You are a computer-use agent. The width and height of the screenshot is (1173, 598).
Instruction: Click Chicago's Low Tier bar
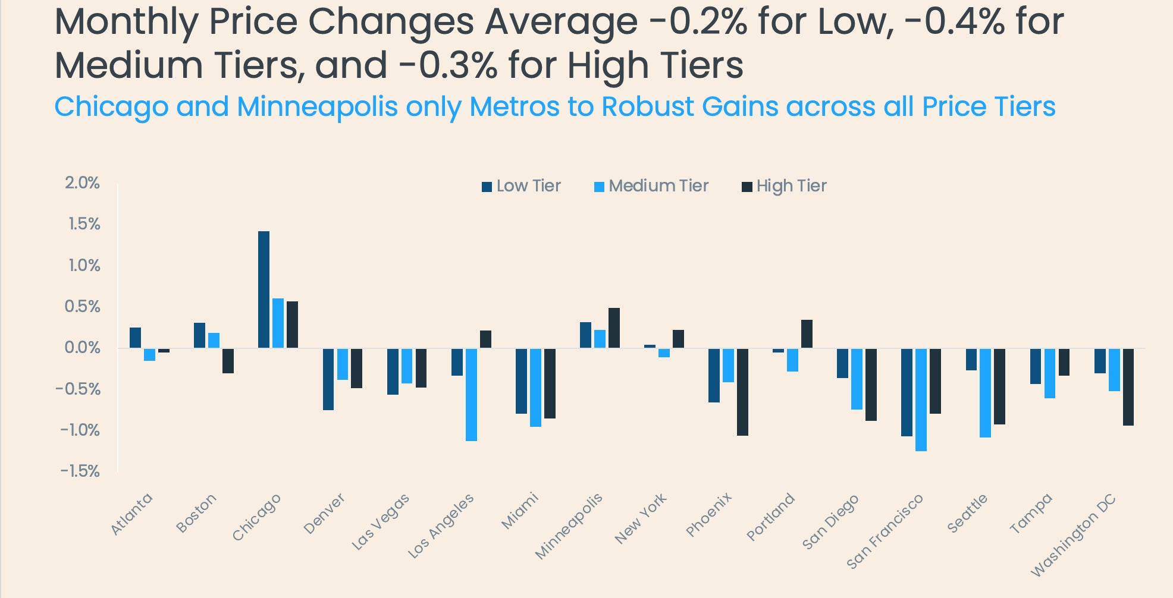[264, 289]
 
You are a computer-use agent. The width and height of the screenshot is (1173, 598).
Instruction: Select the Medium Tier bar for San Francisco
[921, 399]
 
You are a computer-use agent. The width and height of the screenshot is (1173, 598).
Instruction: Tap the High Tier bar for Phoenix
[742, 392]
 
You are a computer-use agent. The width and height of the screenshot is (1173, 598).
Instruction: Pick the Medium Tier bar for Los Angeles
[471, 394]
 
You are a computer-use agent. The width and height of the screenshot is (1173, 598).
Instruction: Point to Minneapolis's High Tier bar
[614, 328]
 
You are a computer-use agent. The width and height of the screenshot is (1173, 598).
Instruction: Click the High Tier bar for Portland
[807, 333]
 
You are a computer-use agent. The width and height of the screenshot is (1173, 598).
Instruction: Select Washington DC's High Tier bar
[1128, 386]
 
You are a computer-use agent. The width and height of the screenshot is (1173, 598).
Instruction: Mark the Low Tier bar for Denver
[328, 379]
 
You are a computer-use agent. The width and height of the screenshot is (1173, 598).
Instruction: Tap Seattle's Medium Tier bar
[985, 392]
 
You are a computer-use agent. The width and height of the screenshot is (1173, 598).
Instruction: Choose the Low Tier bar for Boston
[199, 335]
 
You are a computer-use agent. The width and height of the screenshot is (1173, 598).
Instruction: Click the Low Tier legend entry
[521, 186]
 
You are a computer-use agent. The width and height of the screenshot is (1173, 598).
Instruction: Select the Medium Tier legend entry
[651, 186]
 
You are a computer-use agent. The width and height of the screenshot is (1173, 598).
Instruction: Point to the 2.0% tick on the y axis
[82, 183]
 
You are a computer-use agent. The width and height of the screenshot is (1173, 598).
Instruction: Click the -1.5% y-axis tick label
[80, 471]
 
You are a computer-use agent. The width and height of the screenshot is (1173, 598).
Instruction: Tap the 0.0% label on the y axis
[82, 348]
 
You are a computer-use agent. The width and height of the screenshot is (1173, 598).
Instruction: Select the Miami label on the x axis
[520, 511]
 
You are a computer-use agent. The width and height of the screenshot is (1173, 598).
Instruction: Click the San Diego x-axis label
[830, 521]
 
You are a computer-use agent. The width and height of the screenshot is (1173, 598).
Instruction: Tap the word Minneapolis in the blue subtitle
[317, 107]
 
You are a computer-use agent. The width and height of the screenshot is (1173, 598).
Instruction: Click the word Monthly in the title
[126, 23]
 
